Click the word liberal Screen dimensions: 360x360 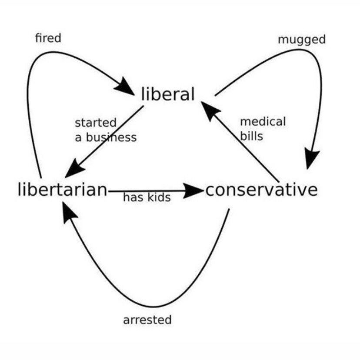pyautogui.click(x=168, y=94)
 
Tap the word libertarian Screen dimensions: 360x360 pyautogui.click(x=63, y=190)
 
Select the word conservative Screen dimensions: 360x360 pyautogui.click(x=261, y=190)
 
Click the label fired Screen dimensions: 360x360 pyautogui.click(x=48, y=38)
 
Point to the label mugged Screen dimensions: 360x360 pyautogui.click(x=302, y=40)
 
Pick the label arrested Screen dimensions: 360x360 pyautogui.click(x=147, y=320)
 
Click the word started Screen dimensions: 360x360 pyautogui.click(x=96, y=123)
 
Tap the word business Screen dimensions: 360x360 pyautogui.click(x=111, y=137)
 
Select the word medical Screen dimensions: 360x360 pyautogui.click(x=263, y=121)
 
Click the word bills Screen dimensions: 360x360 pyautogui.click(x=251, y=136)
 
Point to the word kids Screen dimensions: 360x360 pyautogui.click(x=159, y=197)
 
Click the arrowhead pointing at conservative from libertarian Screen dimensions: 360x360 pyautogui.click(x=193, y=190)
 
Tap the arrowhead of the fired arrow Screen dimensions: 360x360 pyautogui.click(x=124, y=86)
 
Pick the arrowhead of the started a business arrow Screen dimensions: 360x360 pyautogui.click(x=74, y=168)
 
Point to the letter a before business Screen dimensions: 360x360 pyautogui.click(x=78, y=138)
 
